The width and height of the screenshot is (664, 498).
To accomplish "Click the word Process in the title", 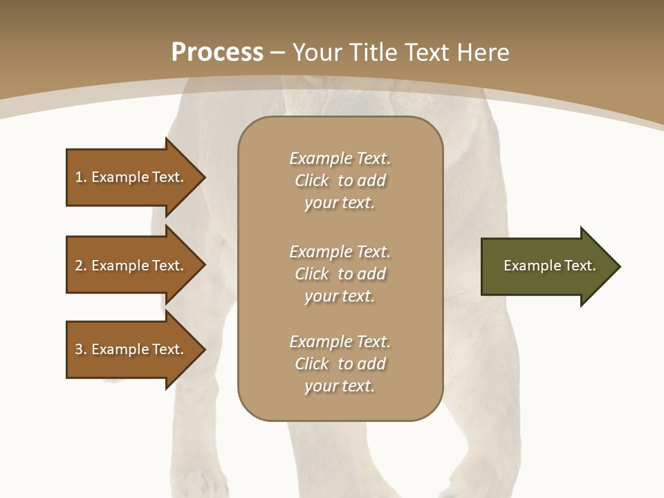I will pyautogui.click(x=217, y=52).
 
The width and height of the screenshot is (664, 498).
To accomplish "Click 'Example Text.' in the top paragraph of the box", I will pyautogui.click(x=340, y=158).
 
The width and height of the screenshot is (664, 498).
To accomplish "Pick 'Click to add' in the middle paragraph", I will pyautogui.click(x=340, y=274).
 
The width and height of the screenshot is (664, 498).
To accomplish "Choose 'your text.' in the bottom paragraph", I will pyautogui.click(x=340, y=386).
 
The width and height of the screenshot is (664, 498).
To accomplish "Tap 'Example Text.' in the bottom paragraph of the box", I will pyautogui.click(x=340, y=342).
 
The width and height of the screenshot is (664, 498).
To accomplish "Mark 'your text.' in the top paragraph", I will pyautogui.click(x=340, y=203).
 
